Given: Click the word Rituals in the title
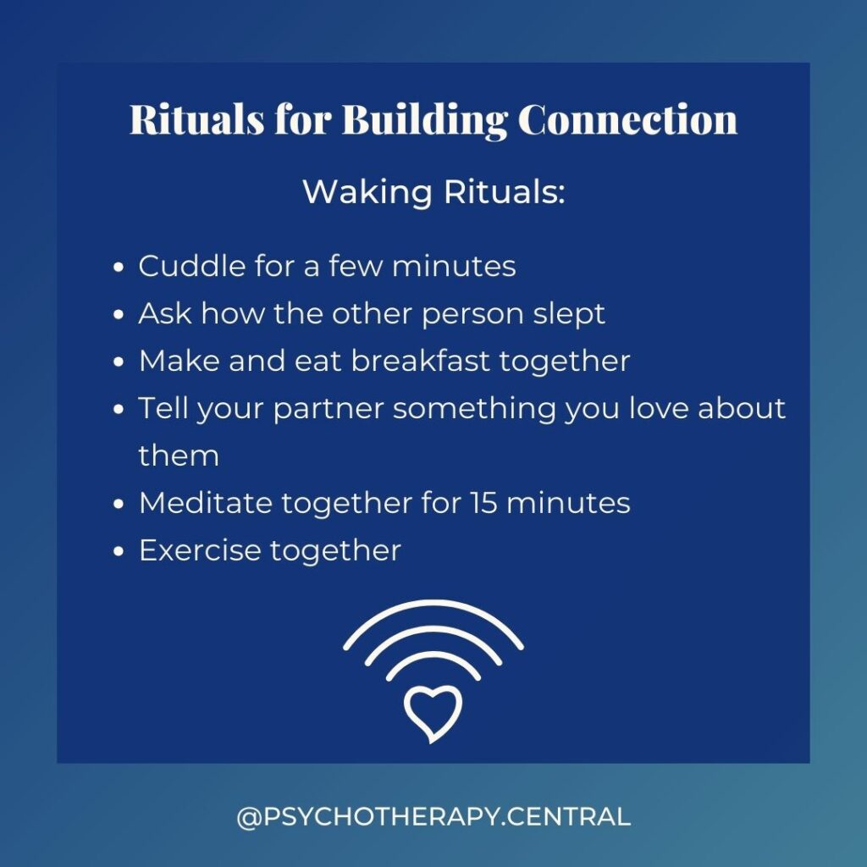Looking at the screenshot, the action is tap(196, 119).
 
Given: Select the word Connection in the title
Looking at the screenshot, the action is tap(627, 119).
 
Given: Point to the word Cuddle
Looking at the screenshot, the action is tap(192, 266).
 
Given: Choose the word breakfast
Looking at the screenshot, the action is tap(421, 361).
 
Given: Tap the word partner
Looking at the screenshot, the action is tap(329, 410).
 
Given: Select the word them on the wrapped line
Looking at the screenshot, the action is tap(179, 456).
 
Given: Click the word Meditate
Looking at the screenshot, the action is tap(206, 503).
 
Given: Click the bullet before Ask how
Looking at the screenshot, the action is tap(119, 315).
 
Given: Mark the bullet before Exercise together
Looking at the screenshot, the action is tap(119, 552).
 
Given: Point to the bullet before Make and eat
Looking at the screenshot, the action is tap(119, 362).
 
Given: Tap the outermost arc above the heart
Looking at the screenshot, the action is tap(433, 603).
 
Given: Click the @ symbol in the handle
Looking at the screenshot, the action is tap(250, 817).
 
